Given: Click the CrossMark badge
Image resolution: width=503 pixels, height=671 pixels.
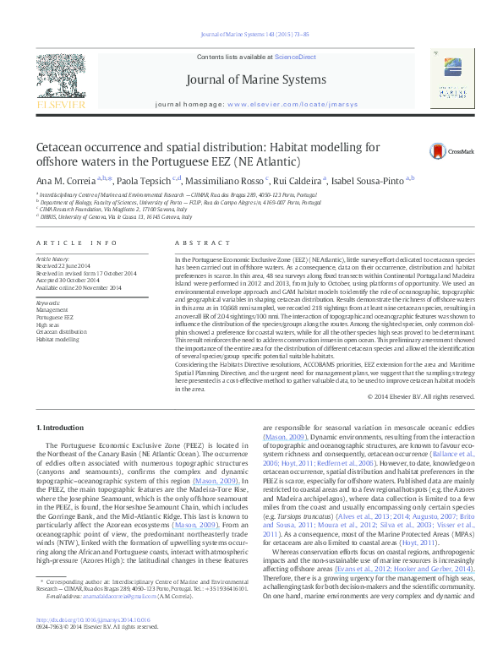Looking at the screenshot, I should [454, 149].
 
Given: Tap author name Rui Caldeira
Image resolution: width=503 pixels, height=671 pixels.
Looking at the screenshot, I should [299, 180].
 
